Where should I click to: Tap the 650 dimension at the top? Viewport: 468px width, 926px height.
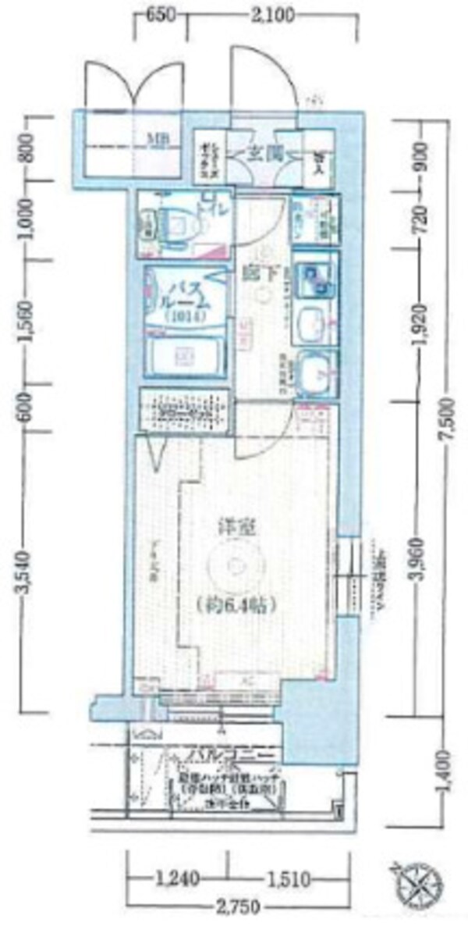tap(161, 15)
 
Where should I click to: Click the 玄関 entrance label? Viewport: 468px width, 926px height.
tap(264, 153)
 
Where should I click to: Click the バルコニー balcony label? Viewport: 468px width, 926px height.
tap(233, 756)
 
